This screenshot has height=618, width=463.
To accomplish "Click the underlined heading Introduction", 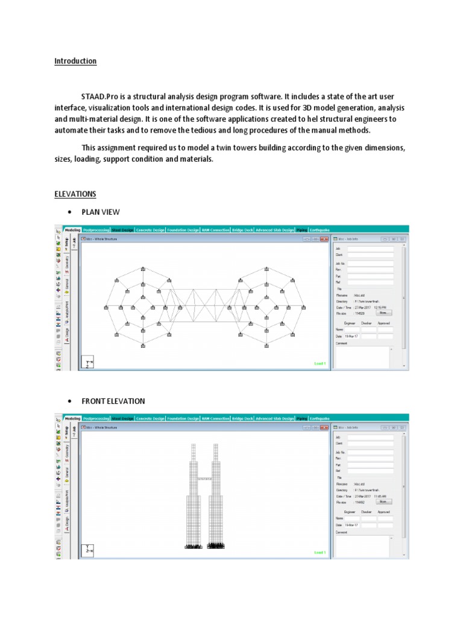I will [75, 61].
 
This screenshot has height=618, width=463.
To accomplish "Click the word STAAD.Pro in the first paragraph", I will [100, 97].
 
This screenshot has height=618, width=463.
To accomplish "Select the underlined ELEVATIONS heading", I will [75, 194].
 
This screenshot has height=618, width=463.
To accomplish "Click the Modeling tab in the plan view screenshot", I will [72, 230].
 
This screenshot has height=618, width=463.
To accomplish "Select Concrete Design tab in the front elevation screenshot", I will [151, 418].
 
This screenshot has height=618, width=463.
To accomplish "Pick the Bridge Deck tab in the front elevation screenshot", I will [242, 418].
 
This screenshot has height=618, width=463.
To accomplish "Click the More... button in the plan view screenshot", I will [383, 313].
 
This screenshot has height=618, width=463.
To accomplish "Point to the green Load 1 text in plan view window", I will [320, 363].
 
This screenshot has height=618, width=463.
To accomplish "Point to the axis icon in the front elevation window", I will [89, 550].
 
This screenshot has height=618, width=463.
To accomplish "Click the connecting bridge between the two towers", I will [205, 479].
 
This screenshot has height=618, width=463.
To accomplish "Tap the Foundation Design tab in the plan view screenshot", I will [183, 230].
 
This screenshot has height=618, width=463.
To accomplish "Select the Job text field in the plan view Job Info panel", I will [370, 248].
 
